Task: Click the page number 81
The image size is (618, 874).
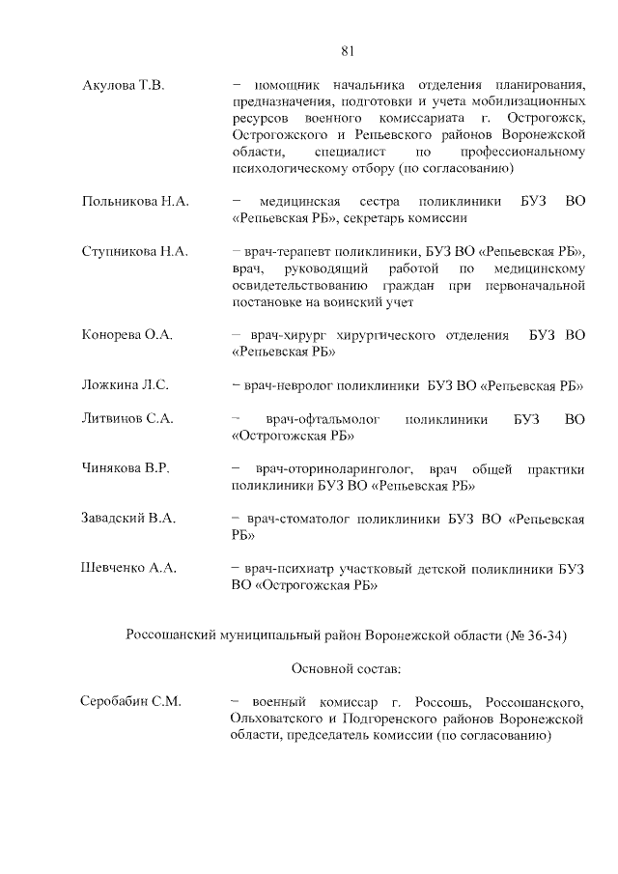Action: point(349,51)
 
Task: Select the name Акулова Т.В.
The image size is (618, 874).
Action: point(125,86)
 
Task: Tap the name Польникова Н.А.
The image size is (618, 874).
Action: point(135,202)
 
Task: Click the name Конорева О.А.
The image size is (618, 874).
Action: point(127,335)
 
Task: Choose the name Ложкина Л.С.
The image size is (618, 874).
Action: point(126,385)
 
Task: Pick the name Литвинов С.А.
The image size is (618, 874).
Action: point(127,419)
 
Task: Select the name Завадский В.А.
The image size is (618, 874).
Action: point(128,519)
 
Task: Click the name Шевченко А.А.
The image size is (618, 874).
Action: point(128,569)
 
